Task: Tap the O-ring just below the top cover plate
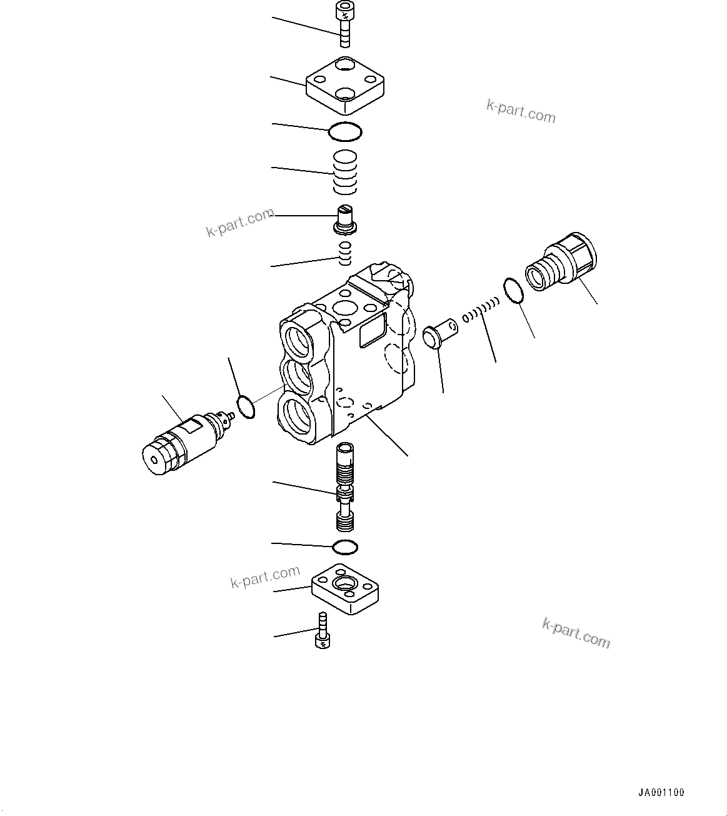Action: pyautogui.click(x=346, y=131)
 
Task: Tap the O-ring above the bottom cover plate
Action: pyautogui.click(x=345, y=547)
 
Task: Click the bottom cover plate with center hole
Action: pyautogui.click(x=345, y=588)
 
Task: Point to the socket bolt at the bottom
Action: pyautogui.click(x=322, y=633)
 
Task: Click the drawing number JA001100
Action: pyautogui.click(x=661, y=792)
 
